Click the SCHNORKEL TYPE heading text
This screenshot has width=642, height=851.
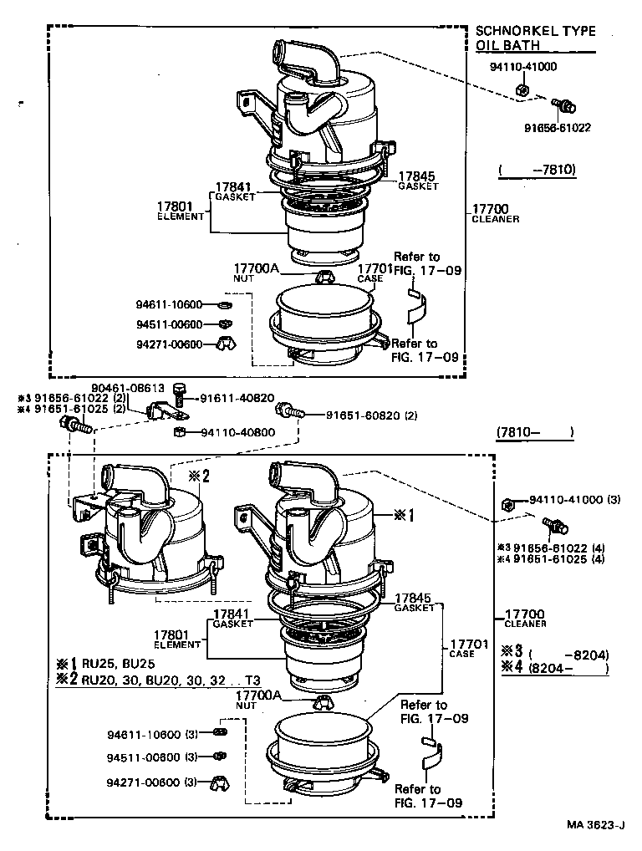(536, 31)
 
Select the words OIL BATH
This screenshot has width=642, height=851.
(508, 45)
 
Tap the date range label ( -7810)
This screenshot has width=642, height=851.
(538, 170)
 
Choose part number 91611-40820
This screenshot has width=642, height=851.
(237, 398)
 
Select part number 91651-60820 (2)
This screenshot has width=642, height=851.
(371, 415)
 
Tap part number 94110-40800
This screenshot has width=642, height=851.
(237, 432)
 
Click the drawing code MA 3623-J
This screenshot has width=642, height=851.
(595, 824)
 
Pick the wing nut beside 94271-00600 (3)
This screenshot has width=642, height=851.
(219, 783)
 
